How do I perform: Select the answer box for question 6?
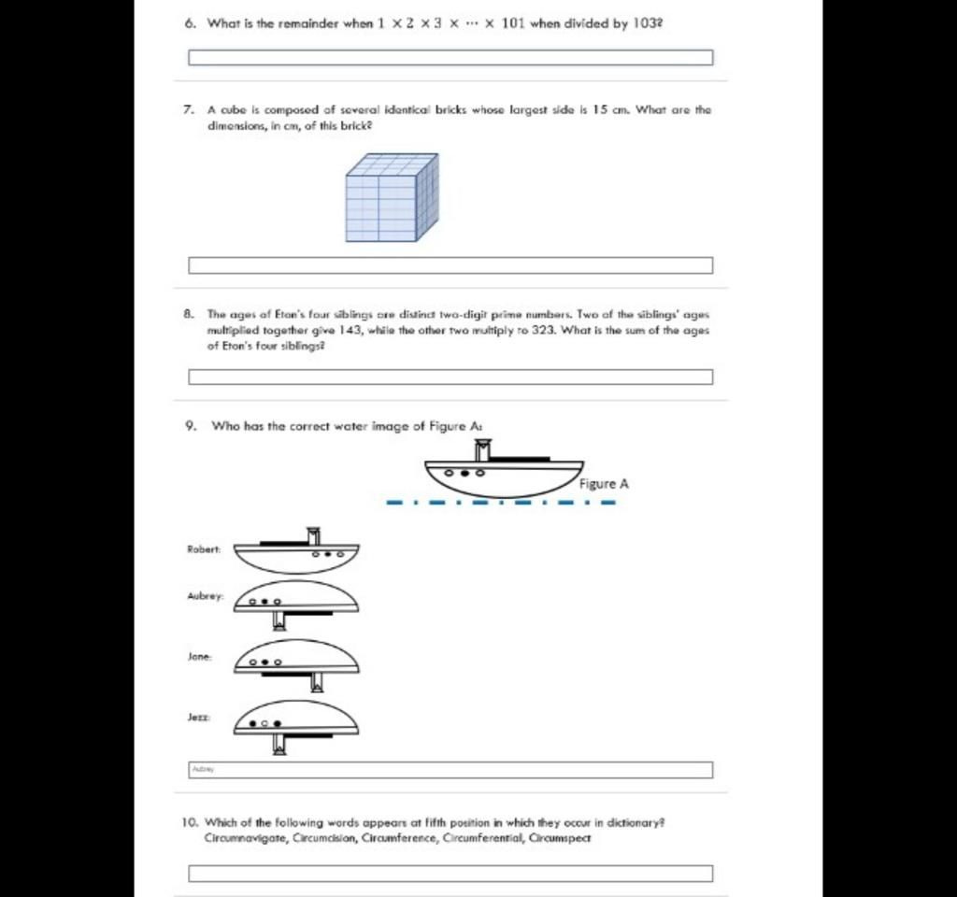pos(450,58)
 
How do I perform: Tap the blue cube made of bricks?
pos(391,198)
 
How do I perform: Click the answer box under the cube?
pos(450,265)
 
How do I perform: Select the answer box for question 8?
pos(450,377)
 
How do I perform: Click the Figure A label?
pos(604,484)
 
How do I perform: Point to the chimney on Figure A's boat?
pos(482,450)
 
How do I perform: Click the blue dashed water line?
pos(502,504)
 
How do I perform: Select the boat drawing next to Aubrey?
pos(296,603)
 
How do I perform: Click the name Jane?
pos(200,657)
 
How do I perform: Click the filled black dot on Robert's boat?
pos(328,554)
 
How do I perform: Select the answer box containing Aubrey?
pos(450,770)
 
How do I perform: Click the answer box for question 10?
pos(450,874)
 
